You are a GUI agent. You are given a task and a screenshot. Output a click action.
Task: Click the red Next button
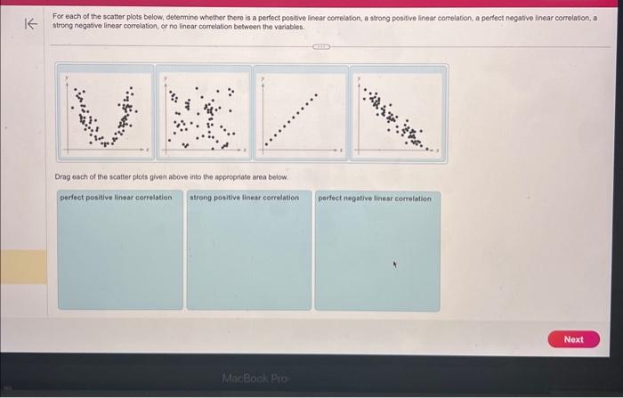pos(574,339)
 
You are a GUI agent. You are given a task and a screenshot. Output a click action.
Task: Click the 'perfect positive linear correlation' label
pos(116,198)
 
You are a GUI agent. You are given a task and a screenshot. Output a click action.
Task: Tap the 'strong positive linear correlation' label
pos(244,198)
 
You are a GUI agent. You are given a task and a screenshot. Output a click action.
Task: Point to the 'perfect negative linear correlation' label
pos(374,199)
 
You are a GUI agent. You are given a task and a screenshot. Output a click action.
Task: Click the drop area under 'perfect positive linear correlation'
pos(121,258)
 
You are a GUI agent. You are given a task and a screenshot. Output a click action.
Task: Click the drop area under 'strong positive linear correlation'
pos(248,258)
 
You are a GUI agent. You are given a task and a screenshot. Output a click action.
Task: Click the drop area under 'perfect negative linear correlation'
pos(376,258)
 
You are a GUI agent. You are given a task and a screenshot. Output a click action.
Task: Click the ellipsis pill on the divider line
pos(320,47)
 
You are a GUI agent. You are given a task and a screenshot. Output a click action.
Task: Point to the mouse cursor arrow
pos(397,264)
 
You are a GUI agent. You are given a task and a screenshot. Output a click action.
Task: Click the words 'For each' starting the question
pos(65,17)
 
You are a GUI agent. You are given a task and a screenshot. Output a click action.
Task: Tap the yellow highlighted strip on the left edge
pos(23,265)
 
